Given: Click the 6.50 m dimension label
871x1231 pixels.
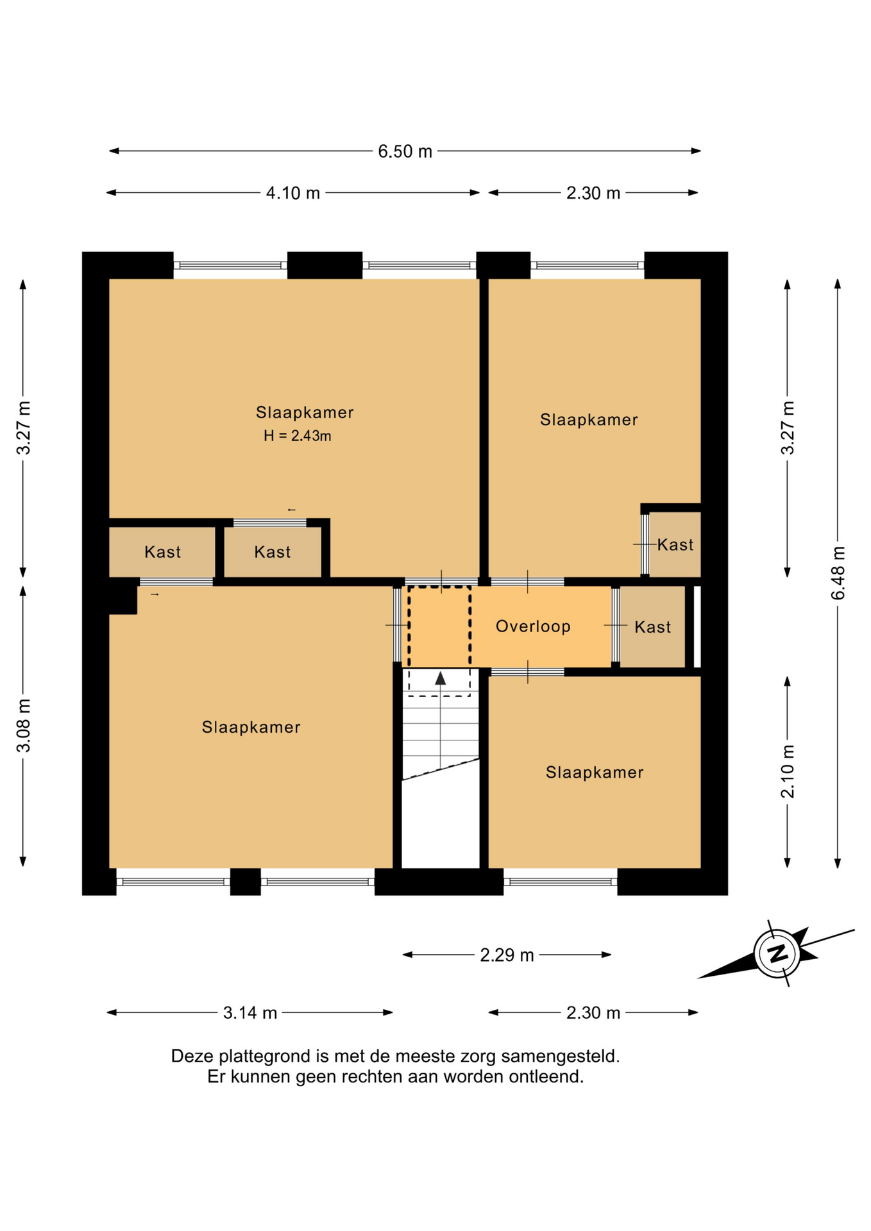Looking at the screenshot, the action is click(405, 151).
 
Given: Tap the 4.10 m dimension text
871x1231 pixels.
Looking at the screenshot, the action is click(293, 193).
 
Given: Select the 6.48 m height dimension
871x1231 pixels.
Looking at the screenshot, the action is click(838, 573).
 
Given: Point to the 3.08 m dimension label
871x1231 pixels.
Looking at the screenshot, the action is click(23, 726).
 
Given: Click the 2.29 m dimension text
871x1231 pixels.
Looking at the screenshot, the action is click(507, 955).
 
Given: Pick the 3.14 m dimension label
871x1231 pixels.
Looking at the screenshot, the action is click(249, 1013).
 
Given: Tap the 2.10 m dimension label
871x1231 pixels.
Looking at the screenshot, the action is click(788, 771).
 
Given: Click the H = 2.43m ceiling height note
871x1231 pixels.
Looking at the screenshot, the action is click(298, 436).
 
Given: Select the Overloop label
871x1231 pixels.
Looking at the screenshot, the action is click(533, 626).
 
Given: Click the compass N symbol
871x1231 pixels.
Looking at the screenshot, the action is click(778, 953).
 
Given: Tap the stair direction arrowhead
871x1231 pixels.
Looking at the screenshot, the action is click(441, 678).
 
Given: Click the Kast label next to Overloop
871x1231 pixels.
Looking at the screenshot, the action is click(652, 627).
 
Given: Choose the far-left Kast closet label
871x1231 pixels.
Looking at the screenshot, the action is click(162, 552).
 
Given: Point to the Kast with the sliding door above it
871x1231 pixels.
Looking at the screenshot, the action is click(272, 552).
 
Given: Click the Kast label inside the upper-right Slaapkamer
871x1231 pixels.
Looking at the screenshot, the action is click(675, 545).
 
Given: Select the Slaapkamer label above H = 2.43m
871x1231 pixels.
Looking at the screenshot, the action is click(305, 412).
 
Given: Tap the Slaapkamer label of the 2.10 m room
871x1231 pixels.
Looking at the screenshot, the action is click(595, 773).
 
